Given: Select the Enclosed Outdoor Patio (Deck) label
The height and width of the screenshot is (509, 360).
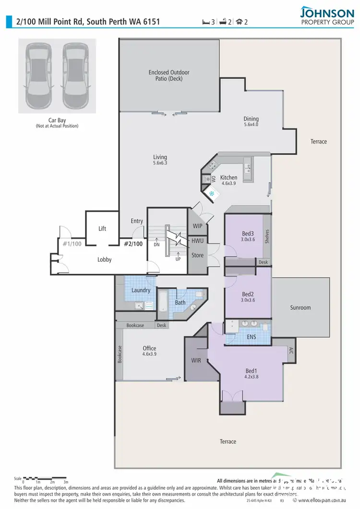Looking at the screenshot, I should pyautogui.click(x=169, y=75).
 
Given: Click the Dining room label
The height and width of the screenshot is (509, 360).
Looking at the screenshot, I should pyautogui.click(x=251, y=119).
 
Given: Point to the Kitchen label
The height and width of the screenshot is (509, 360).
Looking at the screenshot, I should pyautogui.click(x=229, y=178).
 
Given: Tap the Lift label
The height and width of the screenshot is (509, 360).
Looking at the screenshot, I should pyautogui.click(x=102, y=229).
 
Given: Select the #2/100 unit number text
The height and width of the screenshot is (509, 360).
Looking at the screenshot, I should pyautogui.click(x=133, y=243).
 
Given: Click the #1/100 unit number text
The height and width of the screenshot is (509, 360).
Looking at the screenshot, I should pyautogui.click(x=72, y=243).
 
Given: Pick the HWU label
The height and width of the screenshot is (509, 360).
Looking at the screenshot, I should pyautogui.click(x=197, y=240).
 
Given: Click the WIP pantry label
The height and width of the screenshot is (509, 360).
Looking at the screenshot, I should pyautogui.click(x=197, y=226).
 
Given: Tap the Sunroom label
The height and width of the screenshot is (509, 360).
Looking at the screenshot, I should pyautogui.click(x=300, y=307).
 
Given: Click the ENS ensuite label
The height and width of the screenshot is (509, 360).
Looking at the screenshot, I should pyautogui.click(x=251, y=337).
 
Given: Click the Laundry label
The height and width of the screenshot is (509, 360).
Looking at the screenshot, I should pyautogui.click(x=141, y=290).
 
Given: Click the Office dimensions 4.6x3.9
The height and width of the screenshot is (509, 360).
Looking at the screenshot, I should pyautogui.click(x=149, y=354).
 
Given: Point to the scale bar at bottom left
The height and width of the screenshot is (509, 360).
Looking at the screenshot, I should pyautogui.click(x=45, y=478).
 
